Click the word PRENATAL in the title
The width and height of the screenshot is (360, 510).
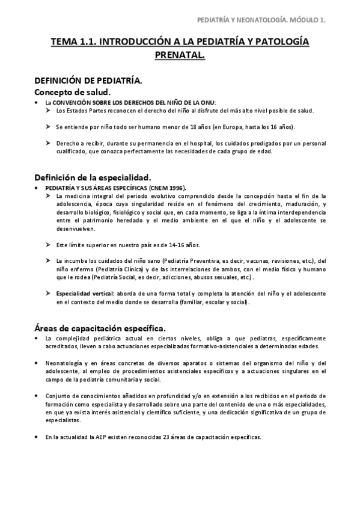pyautogui.click(x=180, y=55)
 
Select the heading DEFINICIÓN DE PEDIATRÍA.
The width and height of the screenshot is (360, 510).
pyautogui.click(x=88, y=80)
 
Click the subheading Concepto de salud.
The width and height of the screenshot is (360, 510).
pyautogui.click(x=72, y=92)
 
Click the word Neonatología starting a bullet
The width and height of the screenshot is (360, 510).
pyautogui.click(x=64, y=363)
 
